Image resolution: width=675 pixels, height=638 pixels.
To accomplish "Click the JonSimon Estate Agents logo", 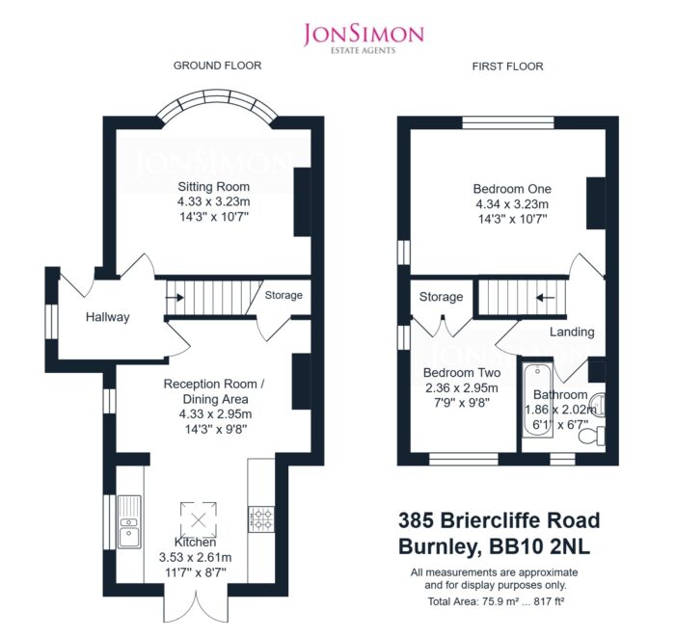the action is (364, 39).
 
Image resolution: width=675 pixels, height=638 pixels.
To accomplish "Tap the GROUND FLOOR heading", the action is (217, 66).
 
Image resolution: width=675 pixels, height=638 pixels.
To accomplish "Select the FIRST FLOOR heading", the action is (507, 66).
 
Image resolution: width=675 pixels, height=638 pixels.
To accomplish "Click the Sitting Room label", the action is (213, 187).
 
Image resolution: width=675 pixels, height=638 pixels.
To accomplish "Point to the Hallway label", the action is (108, 317).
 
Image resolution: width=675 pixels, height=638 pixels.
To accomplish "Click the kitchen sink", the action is (129, 521).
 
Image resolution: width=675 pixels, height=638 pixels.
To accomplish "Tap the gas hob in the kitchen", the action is (261, 519).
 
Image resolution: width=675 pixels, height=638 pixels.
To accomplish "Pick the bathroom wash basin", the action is (599, 405).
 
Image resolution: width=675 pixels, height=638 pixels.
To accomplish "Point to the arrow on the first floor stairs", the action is (545, 297).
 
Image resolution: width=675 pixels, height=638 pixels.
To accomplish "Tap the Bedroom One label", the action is (512, 189).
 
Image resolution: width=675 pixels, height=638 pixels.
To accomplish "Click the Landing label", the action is (572, 332).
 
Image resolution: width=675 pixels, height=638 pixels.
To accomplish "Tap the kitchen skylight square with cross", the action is (198, 519).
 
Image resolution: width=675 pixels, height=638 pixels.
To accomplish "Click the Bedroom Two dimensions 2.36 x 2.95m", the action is (462, 387).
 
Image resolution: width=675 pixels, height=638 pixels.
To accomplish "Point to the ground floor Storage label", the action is (283, 295).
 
